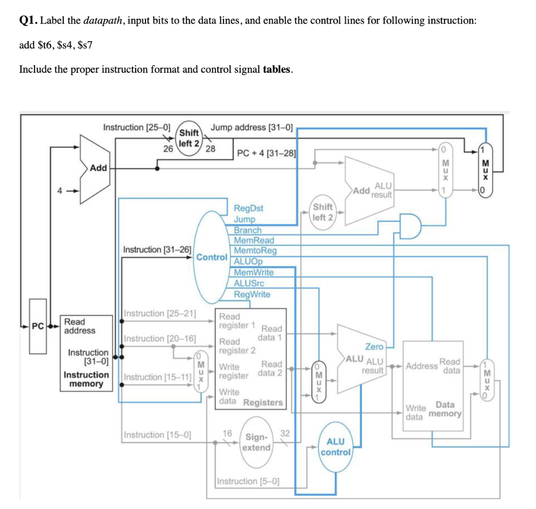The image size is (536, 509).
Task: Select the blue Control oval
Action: click(212, 257)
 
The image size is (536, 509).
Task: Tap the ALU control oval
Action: click(336, 446)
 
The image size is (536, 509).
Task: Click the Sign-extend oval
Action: click(256, 442)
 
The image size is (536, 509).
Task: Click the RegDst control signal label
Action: click(248, 208)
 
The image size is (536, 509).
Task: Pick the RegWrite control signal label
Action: click(252, 294)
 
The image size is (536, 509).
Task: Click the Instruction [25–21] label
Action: click(160, 313)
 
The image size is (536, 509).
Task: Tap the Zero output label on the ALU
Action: click(374, 346)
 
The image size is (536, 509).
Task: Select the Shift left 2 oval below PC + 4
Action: click(323, 212)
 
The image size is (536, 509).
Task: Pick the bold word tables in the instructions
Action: click(276, 69)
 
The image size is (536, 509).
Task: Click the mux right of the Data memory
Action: click(487, 379)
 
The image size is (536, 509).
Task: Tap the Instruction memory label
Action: click(86, 379)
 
